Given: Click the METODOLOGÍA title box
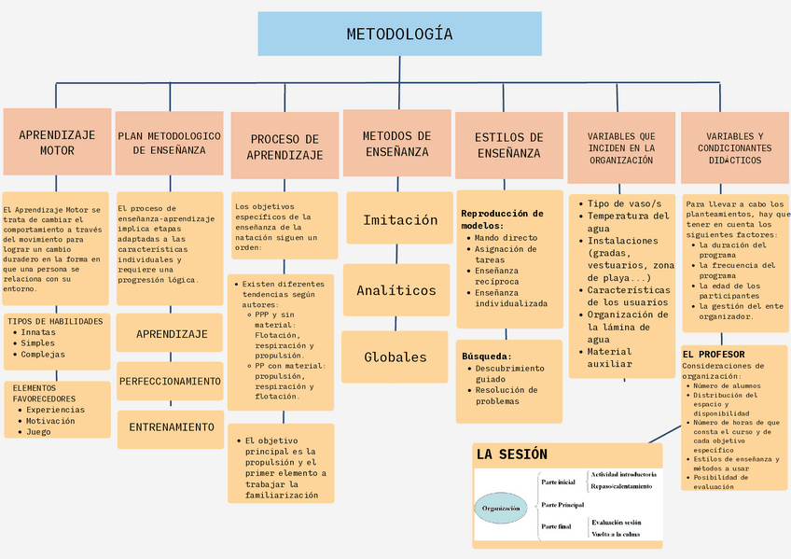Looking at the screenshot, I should [399, 35].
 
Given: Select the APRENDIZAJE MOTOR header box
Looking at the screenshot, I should [57, 142].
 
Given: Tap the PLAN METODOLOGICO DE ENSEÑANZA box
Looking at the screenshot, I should [170, 142].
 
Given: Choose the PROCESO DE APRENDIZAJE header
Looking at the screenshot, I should [284, 147].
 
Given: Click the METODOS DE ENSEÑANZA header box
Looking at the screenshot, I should [397, 144].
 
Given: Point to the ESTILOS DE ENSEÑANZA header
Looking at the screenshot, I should [508, 145].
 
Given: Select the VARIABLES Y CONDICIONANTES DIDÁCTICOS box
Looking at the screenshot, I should [734, 147].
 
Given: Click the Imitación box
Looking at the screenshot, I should [400, 220].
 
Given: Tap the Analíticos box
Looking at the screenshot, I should [396, 290].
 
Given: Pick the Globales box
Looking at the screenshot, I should [395, 356].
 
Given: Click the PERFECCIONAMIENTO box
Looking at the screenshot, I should [170, 381].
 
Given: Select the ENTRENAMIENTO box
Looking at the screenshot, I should [171, 426].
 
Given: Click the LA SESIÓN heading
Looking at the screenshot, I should [512, 454].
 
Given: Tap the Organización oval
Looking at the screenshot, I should [501, 508].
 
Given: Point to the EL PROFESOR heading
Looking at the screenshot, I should [714, 355].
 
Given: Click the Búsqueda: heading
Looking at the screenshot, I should [487, 356].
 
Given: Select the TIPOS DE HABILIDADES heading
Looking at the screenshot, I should [55, 321].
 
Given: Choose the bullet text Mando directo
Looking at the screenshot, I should [507, 238].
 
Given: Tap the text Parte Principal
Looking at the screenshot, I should [562, 504].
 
